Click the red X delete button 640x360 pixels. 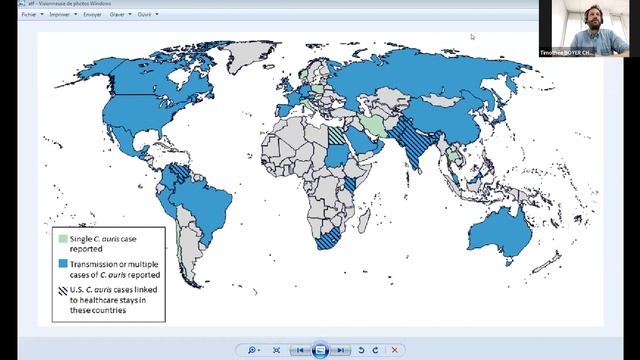395,350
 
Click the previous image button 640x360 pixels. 299,350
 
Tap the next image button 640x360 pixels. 341,350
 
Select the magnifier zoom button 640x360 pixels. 252,350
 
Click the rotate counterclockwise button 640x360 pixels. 361,350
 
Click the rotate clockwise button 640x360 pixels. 375,350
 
